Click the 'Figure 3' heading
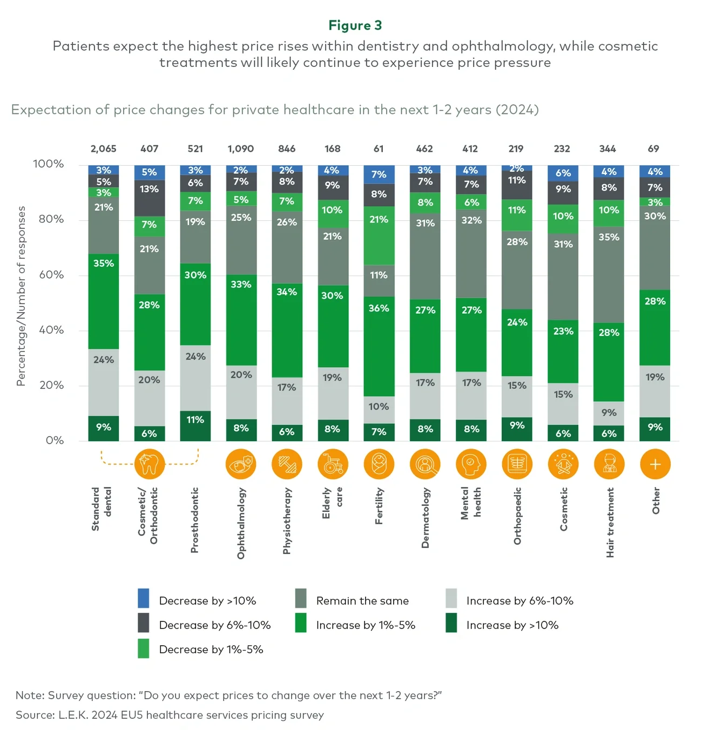[x=355, y=25]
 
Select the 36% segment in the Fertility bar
[x=379, y=346]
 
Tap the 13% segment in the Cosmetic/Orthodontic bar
[x=150, y=198]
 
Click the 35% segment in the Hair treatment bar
[x=609, y=274]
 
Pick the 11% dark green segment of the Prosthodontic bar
[x=195, y=425]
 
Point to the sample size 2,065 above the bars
[x=103, y=148]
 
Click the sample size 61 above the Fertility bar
[x=379, y=148]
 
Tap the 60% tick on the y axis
[x=51, y=275]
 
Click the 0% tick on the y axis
[x=55, y=441]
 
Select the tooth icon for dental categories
[x=150, y=464]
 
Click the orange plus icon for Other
[x=654, y=464]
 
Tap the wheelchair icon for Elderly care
[x=333, y=464]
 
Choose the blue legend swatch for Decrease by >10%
[x=144, y=598]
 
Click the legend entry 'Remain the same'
[x=362, y=601]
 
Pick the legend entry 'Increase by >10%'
[x=512, y=625]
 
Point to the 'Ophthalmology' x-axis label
[x=241, y=523]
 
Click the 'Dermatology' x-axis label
[x=425, y=518]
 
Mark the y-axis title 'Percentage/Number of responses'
[x=21, y=296]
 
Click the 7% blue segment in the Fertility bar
[x=379, y=174]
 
